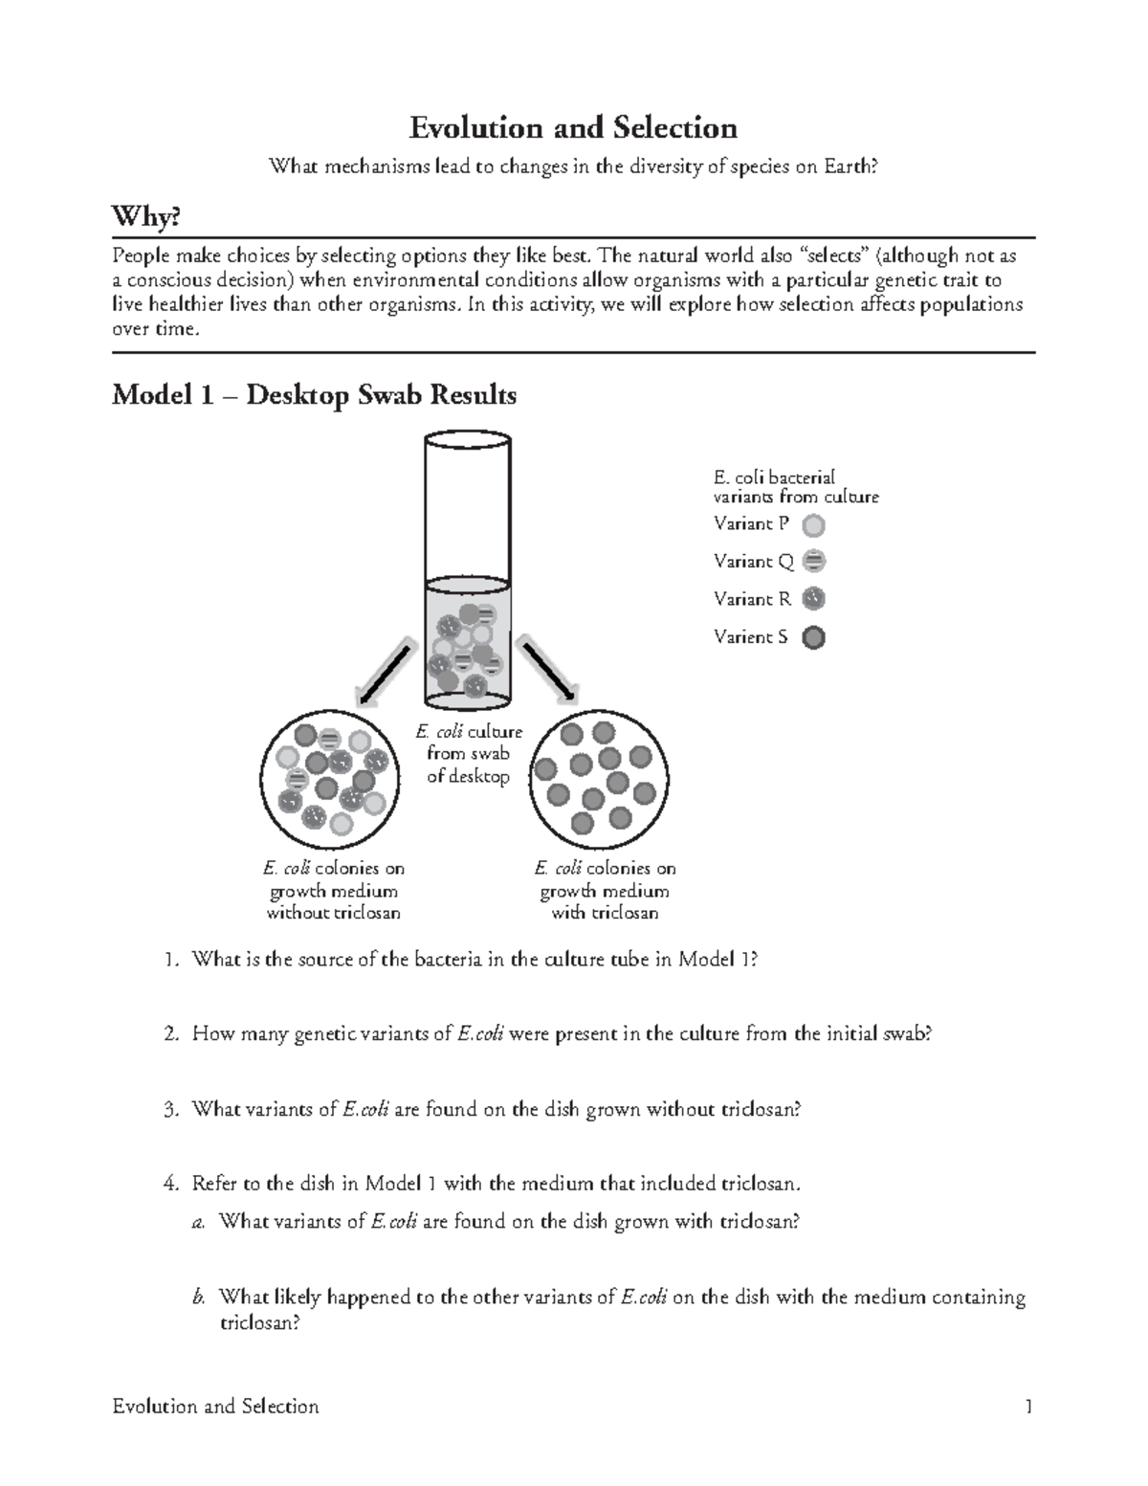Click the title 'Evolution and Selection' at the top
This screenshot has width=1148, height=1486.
coord(573,128)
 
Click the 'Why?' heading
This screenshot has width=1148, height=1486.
coord(145,218)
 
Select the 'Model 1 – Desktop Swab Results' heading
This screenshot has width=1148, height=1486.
coord(314,395)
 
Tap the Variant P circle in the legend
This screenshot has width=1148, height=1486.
coord(813,524)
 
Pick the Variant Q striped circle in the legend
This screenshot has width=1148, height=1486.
coord(813,561)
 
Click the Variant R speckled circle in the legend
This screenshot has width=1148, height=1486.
coord(813,599)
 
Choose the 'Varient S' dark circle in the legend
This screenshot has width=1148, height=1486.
coord(813,637)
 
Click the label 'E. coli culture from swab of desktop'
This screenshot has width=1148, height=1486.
coord(469,754)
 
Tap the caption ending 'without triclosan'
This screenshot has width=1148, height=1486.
coord(333,891)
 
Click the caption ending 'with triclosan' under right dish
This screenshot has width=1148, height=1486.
coord(605,891)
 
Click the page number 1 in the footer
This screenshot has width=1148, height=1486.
coord(1028,1407)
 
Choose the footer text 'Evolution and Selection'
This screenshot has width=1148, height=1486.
coord(215,1407)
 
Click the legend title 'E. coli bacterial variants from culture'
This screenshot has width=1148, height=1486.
coord(795,487)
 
